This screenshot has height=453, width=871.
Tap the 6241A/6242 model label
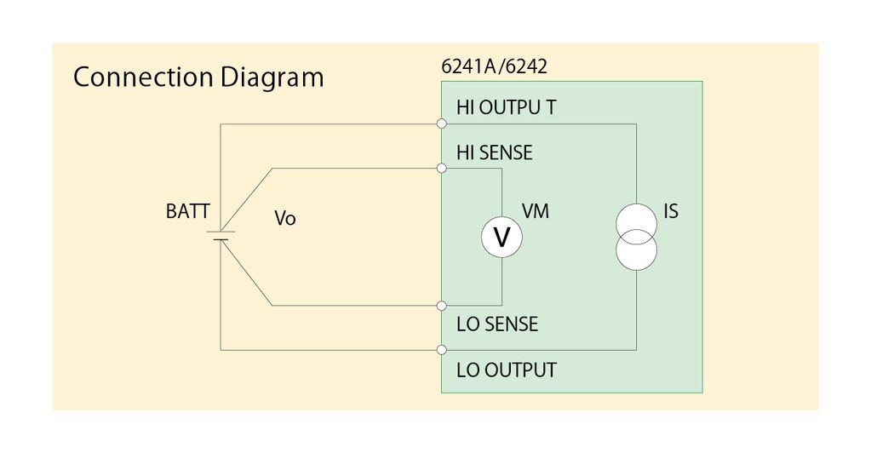488,67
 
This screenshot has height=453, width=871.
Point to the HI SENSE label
495,153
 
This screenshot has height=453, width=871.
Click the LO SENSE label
497,324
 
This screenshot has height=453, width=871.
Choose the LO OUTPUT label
507,370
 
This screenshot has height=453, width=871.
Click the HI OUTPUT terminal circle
441,124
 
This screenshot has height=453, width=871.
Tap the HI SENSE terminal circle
441,169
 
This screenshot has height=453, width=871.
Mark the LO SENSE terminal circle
441,305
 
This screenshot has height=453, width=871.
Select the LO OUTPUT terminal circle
441,349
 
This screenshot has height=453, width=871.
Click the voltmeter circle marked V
501,238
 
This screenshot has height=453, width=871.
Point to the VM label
535,212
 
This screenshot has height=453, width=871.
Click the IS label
671,211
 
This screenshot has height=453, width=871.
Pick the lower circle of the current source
636,249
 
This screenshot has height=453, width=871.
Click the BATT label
187,212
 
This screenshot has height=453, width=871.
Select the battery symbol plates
221,235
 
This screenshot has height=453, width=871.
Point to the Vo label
285,219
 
